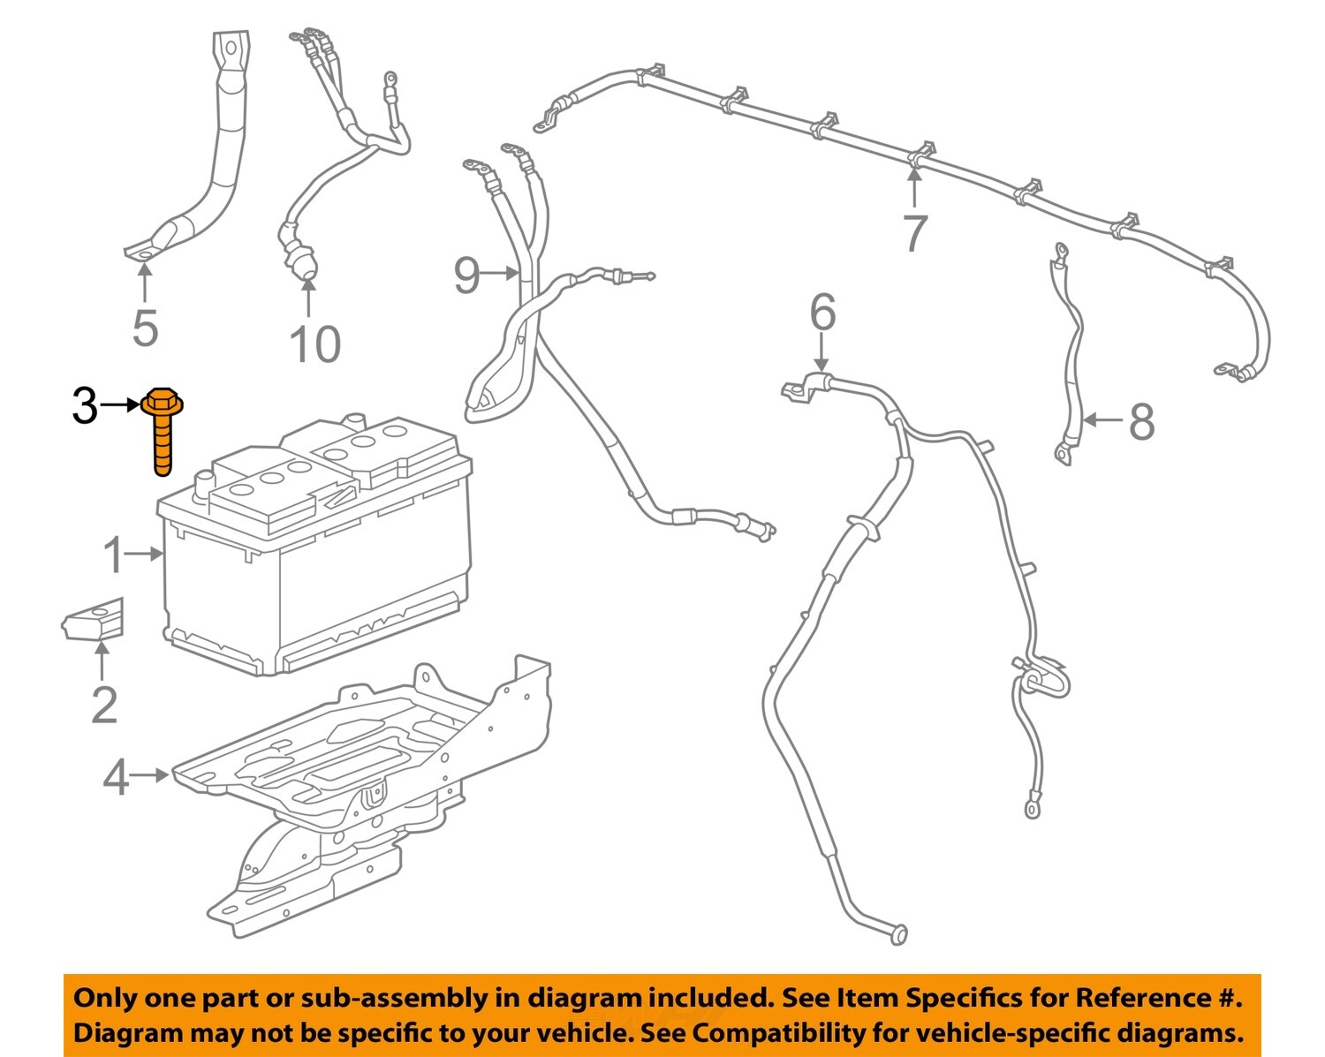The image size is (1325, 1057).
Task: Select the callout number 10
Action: [x=314, y=344]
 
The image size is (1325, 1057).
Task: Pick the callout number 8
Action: [x=1141, y=421]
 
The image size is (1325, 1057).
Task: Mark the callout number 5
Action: [x=145, y=328]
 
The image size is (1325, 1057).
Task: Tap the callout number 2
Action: [x=103, y=705]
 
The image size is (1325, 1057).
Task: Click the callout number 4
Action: [x=116, y=778]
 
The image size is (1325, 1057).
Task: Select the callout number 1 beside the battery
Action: [x=113, y=555]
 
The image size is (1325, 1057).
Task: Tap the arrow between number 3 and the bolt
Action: [x=120, y=405]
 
